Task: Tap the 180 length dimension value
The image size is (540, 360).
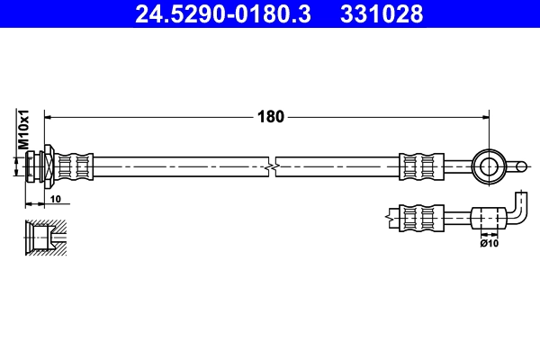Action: pyautogui.click(x=271, y=116)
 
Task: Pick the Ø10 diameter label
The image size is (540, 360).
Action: pyautogui.click(x=489, y=242)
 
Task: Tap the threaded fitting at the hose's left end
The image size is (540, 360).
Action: pyautogui.click(x=40, y=165)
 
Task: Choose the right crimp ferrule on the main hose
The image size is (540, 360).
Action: pyautogui.click(x=421, y=165)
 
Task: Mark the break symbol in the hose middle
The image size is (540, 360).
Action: pyautogui.click(x=273, y=165)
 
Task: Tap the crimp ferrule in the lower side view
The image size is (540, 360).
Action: pyautogui.click(x=421, y=217)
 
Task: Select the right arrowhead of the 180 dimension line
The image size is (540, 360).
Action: pyautogui.click(x=485, y=116)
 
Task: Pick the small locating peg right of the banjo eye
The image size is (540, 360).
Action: pyautogui.click(x=519, y=165)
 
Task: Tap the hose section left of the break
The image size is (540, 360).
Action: pyautogui.click(x=180, y=165)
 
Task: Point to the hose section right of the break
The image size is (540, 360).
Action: pyautogui.click(x=337, y=165)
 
